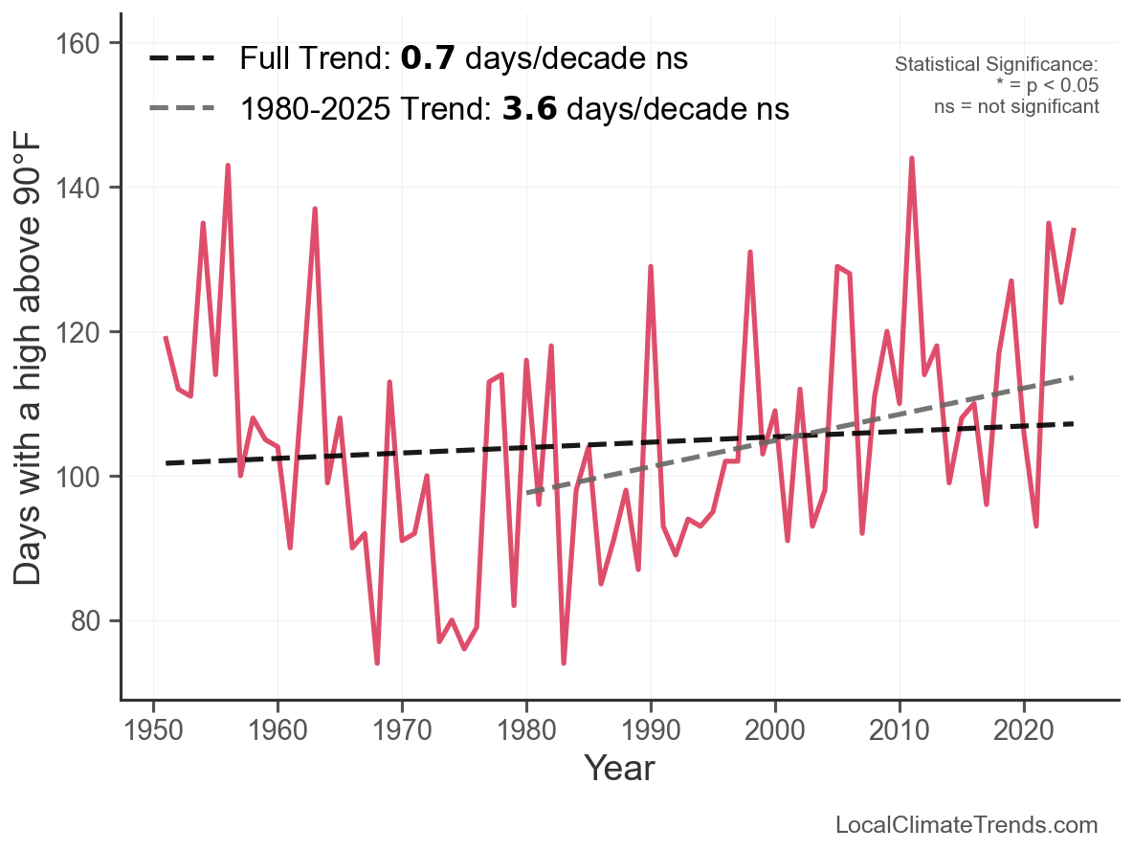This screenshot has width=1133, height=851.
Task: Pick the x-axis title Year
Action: (x=619, y=768)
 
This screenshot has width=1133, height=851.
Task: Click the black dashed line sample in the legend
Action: (x=182, y=59)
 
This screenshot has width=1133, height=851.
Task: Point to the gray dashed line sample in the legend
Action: (x=182, y=109)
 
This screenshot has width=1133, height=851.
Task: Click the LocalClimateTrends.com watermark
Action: (x=966, y=825)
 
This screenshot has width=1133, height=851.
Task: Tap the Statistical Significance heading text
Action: (x=996, y=65)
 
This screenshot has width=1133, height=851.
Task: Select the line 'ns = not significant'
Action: (x=1016, y=106)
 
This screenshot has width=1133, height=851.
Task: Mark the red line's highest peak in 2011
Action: (x=912, y=158)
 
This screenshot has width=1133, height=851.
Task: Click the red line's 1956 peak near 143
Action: (x=228, y=166)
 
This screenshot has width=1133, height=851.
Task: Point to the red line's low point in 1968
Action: (x=377, y=662)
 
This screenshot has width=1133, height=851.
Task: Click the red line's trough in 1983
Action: (x=564, y=662)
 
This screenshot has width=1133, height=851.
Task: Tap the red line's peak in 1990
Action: (x=651, y=267)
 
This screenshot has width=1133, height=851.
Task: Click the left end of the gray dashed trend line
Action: (x=527, y=493)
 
